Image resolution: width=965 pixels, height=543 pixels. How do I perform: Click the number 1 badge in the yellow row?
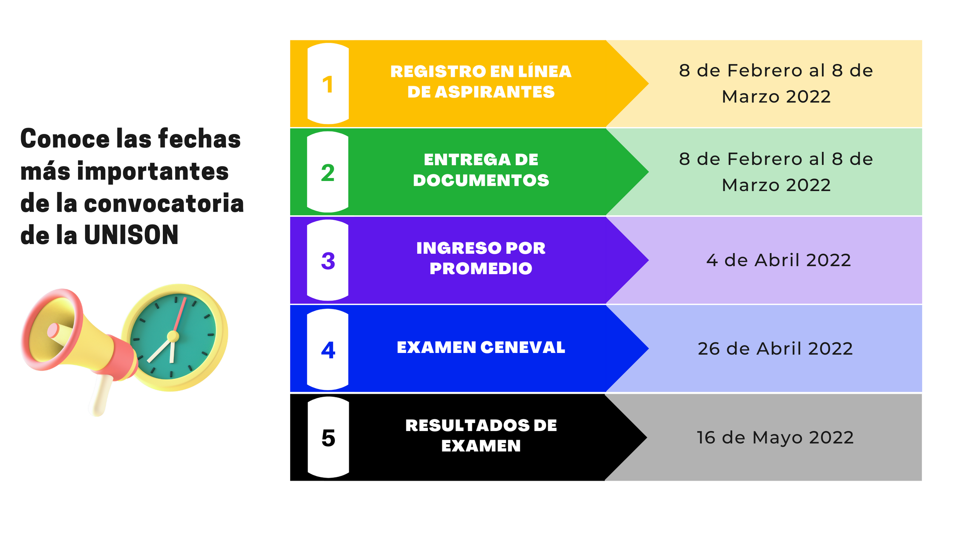328,84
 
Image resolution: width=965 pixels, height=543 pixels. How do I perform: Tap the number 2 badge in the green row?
328,172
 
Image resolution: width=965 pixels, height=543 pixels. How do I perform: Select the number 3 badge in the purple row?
328,261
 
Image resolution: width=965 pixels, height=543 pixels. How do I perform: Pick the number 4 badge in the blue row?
328,350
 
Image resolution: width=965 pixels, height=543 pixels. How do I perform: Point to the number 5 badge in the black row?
328,438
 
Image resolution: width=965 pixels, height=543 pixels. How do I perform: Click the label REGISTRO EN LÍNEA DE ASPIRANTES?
481,81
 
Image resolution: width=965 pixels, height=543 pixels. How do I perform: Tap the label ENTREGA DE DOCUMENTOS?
481,170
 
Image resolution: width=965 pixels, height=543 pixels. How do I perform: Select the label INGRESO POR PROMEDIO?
481,258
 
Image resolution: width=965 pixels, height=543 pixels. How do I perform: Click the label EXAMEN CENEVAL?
481,347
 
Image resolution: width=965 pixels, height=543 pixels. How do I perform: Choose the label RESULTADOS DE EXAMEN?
481,436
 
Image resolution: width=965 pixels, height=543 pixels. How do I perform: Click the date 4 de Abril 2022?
778,260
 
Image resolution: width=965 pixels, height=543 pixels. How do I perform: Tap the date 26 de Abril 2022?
775,349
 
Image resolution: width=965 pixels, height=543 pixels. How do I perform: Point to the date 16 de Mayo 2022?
775,437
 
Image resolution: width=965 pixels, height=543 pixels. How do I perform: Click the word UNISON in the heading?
131,235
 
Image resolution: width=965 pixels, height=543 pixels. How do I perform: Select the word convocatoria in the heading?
164,203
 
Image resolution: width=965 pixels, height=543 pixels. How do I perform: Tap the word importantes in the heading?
153,171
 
